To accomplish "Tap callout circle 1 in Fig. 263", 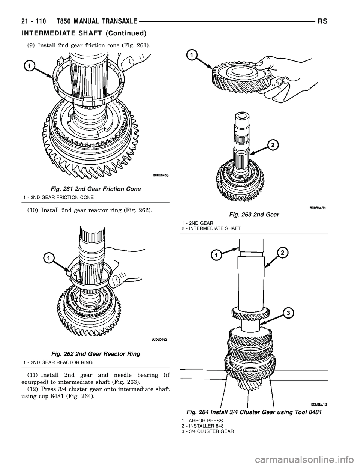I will [191, 56].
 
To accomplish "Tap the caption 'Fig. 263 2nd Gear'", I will [255, 215].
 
